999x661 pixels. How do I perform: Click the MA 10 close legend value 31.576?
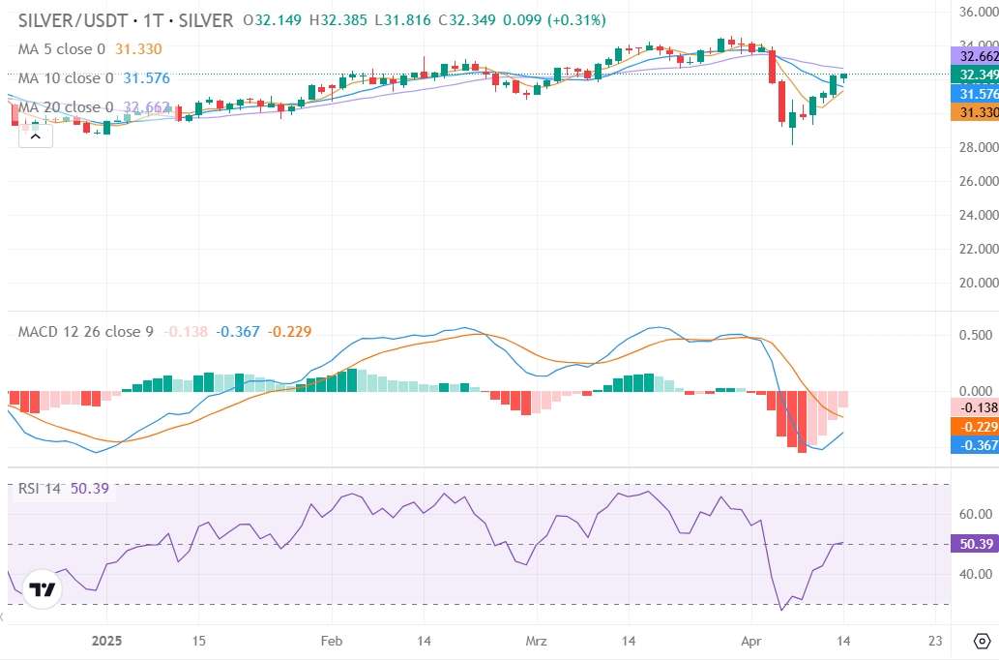[x=146, y=78]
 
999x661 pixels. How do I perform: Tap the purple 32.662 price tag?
[x=974, y=55]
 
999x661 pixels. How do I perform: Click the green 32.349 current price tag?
[x=974, y=75]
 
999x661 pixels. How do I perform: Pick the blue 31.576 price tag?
[x=974, y=94]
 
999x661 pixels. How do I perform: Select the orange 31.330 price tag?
[x=974, y=112]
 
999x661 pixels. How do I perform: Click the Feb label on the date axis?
[x=332, y=641]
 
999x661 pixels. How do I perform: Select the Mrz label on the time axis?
[x=536, y=641]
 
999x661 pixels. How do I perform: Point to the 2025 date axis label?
[x=105, y=641]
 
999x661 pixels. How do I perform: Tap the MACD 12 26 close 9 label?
[x=86, y=332]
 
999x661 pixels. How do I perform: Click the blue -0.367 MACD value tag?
[x=974, y=445]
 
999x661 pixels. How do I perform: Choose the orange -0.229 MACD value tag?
[x=974, y=427]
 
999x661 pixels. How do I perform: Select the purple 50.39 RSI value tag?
[x=974, y=544]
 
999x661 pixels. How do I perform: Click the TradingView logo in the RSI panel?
[x=43, y=589]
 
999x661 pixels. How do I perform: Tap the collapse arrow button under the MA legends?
[x=35, y=136]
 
